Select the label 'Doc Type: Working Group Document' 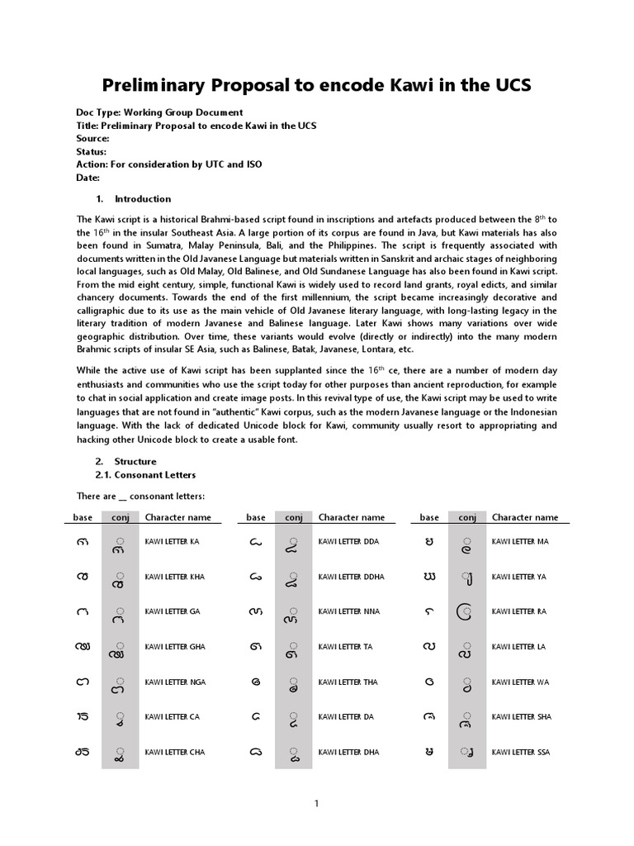[159, 112]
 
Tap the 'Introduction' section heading [143, 199]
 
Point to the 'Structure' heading [135, 462]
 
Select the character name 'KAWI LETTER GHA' [175, 647]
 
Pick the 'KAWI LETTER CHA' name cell [175, 753]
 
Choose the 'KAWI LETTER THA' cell [348, 682]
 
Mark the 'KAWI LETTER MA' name [520, 542]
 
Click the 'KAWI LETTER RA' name [519, 612]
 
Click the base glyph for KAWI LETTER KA [83, 543]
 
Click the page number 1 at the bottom [317, 804]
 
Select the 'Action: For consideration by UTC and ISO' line [169, 164]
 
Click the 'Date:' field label [88, 178]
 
